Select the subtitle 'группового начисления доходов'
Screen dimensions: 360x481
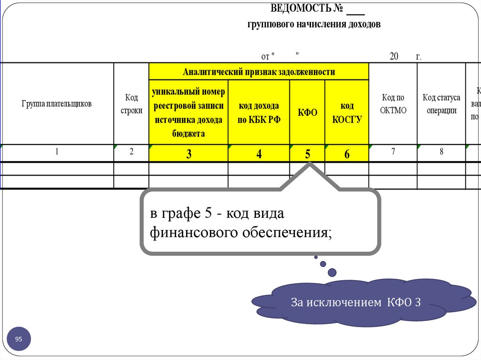(314, 24)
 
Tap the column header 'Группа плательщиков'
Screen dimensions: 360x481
(56, 104)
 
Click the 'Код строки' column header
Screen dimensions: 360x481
(132, 104)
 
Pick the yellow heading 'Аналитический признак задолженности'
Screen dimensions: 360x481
(259, 72)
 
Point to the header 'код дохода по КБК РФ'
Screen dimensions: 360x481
(259, 113)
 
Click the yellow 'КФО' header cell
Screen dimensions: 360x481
(307, 113)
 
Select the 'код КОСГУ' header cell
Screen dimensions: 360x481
(347, 113)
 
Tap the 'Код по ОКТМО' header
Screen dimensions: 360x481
(393, 104)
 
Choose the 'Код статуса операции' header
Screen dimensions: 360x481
(441, 104)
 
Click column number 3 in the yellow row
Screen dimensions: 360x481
(188, 154)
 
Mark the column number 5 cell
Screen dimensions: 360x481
(307, 154)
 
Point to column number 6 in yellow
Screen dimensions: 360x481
(347, 154)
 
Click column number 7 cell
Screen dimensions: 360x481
(393, 152)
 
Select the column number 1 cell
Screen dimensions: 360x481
(56, 152)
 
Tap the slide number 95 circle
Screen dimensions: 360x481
(19, 339)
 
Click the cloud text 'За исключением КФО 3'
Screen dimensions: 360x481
(355, 303)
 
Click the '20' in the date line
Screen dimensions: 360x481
(394, 57)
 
